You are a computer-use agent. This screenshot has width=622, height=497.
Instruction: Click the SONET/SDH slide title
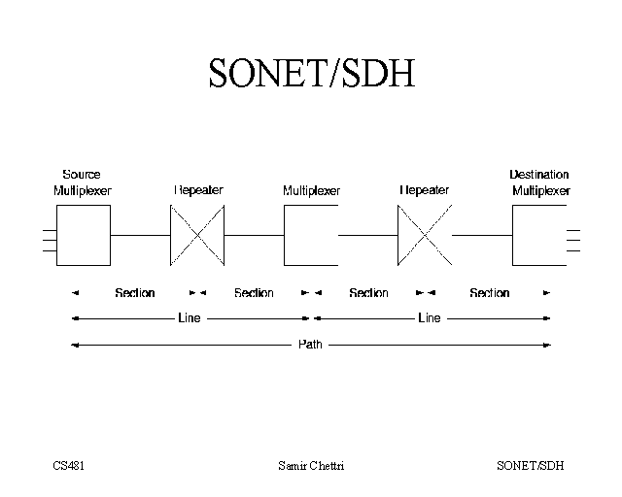coord(311,73)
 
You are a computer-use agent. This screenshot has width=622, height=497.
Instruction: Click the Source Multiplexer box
coord(83,235)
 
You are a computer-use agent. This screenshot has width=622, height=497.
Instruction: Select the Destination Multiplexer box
coord(532,235)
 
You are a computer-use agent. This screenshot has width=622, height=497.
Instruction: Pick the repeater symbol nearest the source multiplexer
coord(197,235)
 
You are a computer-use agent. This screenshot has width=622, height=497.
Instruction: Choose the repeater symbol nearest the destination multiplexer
coord(425,235)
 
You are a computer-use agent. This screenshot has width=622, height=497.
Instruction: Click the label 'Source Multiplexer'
coord(83,182)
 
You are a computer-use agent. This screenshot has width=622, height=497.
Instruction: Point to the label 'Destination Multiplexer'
coord(539,182)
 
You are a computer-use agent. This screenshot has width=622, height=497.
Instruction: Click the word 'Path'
coord(310,345)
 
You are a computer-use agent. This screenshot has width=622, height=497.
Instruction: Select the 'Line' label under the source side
coord(190,318)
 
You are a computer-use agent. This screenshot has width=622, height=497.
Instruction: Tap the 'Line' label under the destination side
coord(429,318)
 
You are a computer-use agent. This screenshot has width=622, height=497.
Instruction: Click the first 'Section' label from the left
coord(135,292)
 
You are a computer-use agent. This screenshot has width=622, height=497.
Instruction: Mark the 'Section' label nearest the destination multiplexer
coord(489,292)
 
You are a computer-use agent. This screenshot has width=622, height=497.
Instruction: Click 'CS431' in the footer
coord(69,466)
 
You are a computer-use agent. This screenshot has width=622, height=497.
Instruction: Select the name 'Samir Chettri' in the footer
coord(311,466)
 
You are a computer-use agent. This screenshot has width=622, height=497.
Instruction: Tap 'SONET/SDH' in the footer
coord(530,466)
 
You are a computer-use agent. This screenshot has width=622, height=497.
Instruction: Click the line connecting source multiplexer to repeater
coord(140,235)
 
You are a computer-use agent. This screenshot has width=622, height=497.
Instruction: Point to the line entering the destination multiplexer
coord(482,235)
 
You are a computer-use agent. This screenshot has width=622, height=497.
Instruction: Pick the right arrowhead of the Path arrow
coord(548,345)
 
